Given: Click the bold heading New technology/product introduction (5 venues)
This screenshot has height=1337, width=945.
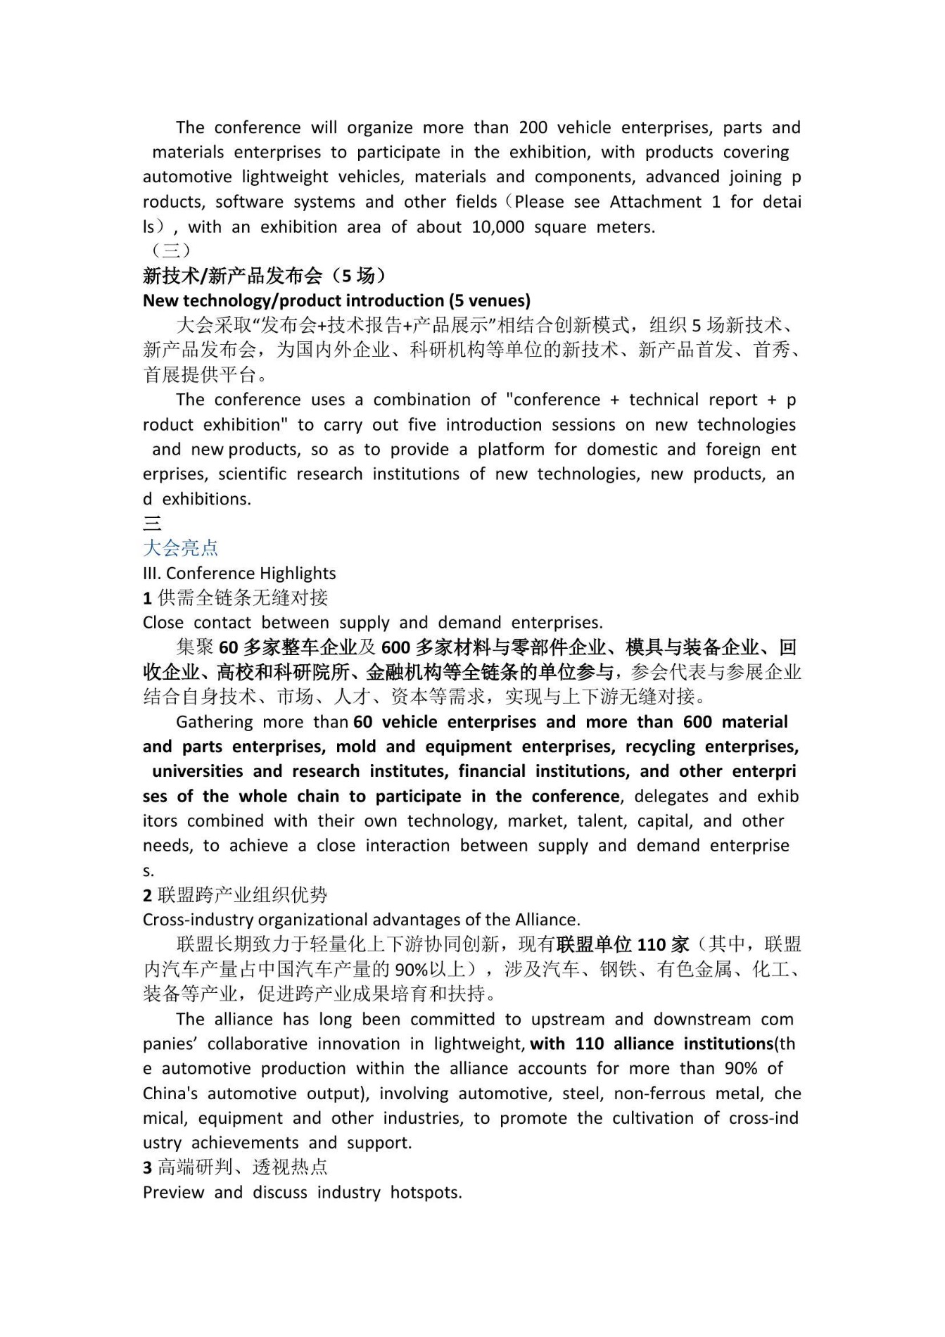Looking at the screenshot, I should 336,300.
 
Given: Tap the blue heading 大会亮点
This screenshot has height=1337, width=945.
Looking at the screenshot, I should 180,547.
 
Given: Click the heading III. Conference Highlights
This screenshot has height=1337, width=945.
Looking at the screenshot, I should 239,573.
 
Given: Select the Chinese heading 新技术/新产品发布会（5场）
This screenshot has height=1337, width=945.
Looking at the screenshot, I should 264,275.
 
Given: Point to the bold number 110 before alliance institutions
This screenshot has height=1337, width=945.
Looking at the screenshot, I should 589,1044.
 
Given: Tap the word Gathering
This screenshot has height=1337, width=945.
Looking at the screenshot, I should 214,722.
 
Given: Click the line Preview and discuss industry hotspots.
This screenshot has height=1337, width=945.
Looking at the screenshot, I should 302,1192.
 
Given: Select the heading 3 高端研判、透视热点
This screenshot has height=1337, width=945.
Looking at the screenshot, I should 235,1167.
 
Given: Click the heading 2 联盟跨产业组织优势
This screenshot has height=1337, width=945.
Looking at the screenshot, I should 235,894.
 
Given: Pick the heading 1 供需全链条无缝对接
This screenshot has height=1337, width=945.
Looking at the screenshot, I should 235,597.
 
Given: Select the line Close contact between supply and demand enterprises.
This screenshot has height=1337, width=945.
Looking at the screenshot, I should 372,623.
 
